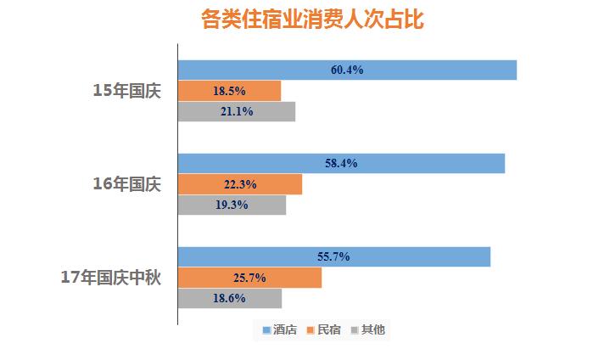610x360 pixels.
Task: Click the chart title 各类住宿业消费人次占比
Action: point(312,20)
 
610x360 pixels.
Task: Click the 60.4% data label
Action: point(347,70)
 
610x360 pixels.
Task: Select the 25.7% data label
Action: point(249,278)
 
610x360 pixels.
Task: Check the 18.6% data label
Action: point(229,298)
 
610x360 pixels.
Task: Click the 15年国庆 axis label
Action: point(126,90)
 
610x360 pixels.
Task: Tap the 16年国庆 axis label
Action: point(126,183)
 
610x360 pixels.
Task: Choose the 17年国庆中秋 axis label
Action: point(110,278)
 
